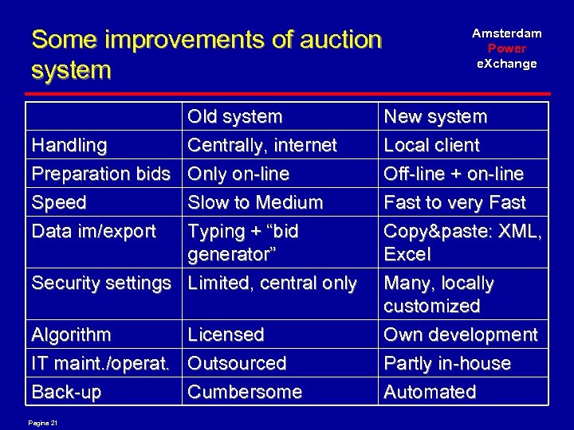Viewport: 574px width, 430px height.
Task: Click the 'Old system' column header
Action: click(x=234, y=117)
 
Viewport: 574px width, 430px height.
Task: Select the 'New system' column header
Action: click(x=435, y=117)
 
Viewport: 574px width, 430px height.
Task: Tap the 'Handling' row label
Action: click(x=69, y=146)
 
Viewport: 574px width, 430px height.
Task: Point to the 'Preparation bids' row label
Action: click(x=100, y=174)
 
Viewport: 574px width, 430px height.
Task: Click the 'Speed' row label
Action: click(x=58, y=203)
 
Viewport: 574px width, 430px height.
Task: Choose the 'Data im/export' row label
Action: click(x=93, y=232)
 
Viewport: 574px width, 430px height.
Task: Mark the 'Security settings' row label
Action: click(x=100, y=283)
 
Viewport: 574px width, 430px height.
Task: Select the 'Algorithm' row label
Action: click(x=71, y=335)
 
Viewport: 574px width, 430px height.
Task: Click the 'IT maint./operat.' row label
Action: click(x=100, y=364)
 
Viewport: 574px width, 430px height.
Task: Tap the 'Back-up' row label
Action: click(x=67, y=393)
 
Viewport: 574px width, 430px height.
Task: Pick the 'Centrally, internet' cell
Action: click(x=262, y=146)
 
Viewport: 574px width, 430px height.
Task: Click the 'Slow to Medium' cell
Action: click(x=255, y=203)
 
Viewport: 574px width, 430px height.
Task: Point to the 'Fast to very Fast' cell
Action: click(x=454, y=203)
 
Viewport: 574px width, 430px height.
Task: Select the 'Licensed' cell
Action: click(x=226, y=335)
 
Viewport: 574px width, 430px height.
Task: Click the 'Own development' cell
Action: click(x=461, y=335)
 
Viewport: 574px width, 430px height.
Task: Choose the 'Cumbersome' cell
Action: click(x=245, y=393)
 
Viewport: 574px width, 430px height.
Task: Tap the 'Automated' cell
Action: click(x=430, y=393)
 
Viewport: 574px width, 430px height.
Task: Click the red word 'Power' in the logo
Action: click(x=507, y=49)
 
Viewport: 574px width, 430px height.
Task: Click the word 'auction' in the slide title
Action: click(x=329, y=38)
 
